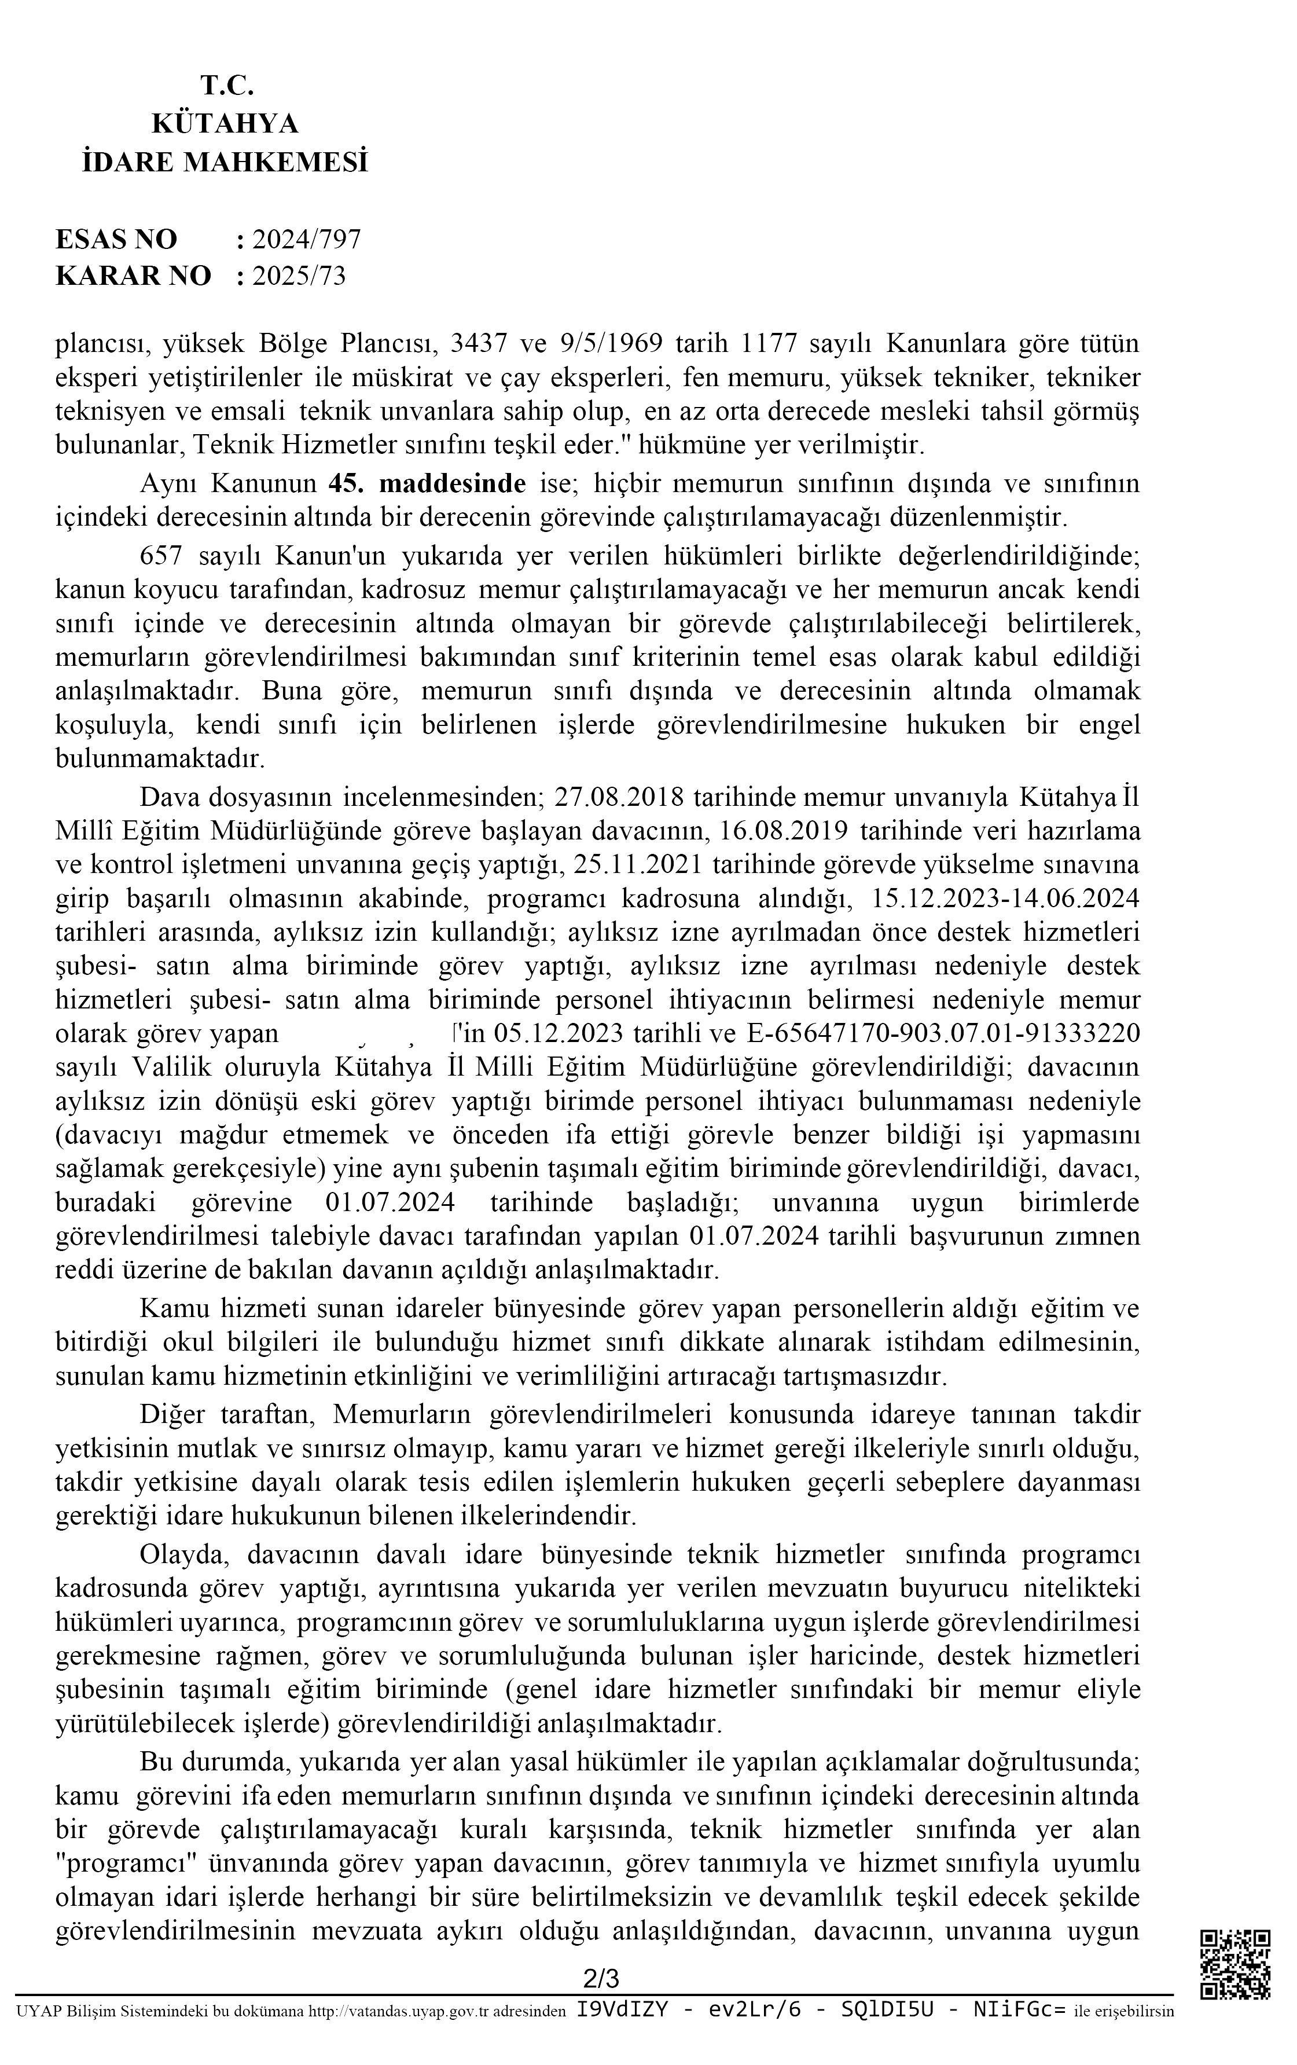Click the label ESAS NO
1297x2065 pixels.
point(116,239)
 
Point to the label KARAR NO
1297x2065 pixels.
point(133,276)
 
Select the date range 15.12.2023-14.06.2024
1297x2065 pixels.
point(1004,898)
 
